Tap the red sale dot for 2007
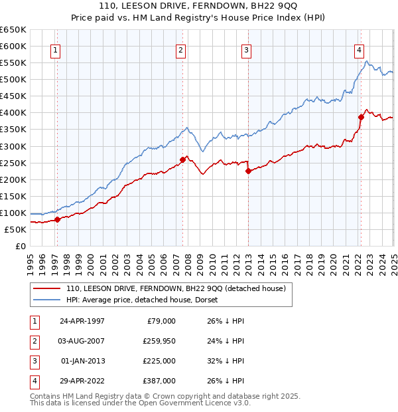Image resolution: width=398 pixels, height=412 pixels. point(182,159)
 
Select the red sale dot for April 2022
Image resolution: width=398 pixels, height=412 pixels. point(362,117)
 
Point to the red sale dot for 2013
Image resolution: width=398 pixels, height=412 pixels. point(248,171)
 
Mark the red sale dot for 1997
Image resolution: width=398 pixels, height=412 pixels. point(57,219)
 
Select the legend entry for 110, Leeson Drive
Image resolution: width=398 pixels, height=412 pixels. point(175,288)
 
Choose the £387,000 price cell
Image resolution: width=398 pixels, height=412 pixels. point(160,381)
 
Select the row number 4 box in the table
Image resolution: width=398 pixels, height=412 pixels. point(33,381)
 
